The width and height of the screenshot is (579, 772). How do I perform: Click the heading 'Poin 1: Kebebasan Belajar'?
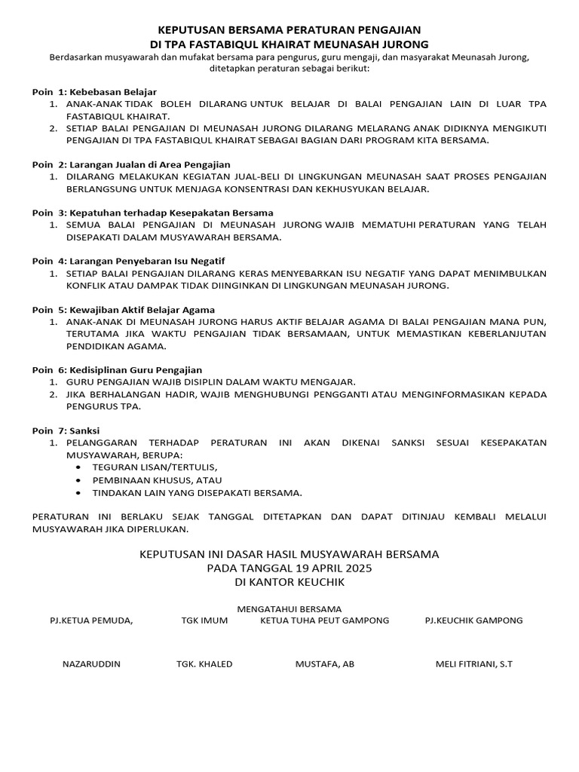pyautogui.click(x=94, y=91)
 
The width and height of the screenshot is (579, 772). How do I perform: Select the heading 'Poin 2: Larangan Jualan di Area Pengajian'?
pyautogui.click(x=130, y=164)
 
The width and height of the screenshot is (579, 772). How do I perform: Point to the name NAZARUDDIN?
pyautogui.click(x=90, y=664)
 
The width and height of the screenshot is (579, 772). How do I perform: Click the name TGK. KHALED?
pyautogui.click(x=204, y=664)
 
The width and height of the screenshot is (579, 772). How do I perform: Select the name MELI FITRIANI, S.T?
pyautogui.click(x=473, y=664)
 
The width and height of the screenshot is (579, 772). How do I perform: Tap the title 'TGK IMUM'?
pyautogui.click(x=204, y=620)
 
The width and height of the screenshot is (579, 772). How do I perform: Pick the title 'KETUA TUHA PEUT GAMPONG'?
pyautogui.click(x=325, y=620)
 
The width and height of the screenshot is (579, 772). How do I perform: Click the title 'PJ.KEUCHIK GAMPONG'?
pyautogui.click(x=473, y=620)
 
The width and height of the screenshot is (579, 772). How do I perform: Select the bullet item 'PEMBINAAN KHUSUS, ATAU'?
pyautogui.click(x=157, y=480)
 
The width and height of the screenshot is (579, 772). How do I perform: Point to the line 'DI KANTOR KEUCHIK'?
pyautogui.click(x=289, y=582)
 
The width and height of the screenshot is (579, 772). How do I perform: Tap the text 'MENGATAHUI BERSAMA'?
pyautogui.click(x=289, y=608)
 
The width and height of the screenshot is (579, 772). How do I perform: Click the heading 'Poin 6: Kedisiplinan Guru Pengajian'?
pyautogui.click(x=117, y=369)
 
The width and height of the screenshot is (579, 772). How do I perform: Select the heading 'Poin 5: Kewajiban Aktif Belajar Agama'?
pyautogui.click(x=123, y=309)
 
